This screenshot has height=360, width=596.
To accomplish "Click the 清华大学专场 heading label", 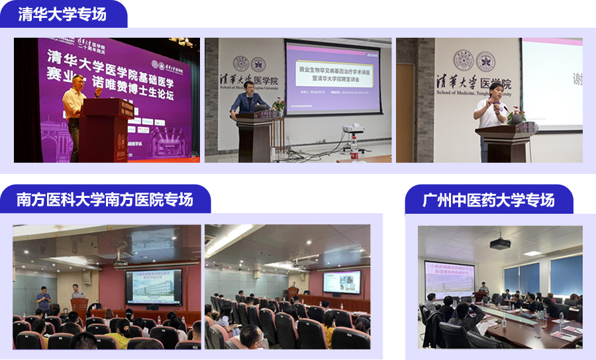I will click(62, 13).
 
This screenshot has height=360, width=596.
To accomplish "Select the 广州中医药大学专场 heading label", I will click(489, 199).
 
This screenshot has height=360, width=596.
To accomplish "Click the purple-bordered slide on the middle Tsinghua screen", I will click(332, 76).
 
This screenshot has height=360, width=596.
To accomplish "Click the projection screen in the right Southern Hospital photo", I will click(341, 282).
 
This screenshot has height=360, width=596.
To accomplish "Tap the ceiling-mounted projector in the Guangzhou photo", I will click(500, 243).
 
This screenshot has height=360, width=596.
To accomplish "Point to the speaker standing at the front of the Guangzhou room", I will click(484, 290).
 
